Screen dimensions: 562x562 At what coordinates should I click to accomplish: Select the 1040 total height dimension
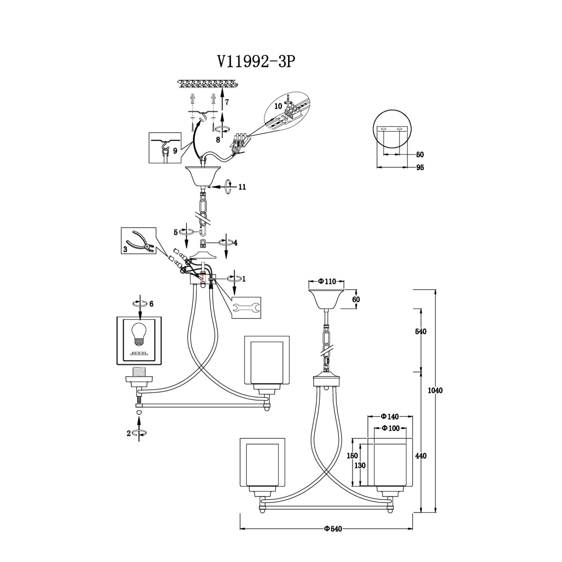(x=435, y=391)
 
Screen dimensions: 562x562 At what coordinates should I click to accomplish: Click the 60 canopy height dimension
(x=356, y=300)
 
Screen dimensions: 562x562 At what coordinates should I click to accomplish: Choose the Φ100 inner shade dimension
(x=391, y=428)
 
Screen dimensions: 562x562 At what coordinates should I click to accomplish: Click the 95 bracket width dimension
(x=420, y=168)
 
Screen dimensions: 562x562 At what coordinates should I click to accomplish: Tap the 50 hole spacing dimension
(x=420, y=155)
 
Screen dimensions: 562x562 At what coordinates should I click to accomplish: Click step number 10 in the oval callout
(x=279, y=106)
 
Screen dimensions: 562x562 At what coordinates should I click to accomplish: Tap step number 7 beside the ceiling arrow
(x=227, y=102)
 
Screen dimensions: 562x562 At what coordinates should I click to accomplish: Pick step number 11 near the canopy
(x=242, y=187)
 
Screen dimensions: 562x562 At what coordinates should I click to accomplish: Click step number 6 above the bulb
(x=151, y=304)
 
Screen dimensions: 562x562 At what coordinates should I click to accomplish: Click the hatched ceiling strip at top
(x=207, y=84)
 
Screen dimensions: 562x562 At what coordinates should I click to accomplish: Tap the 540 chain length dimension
(x=421, y=332)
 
